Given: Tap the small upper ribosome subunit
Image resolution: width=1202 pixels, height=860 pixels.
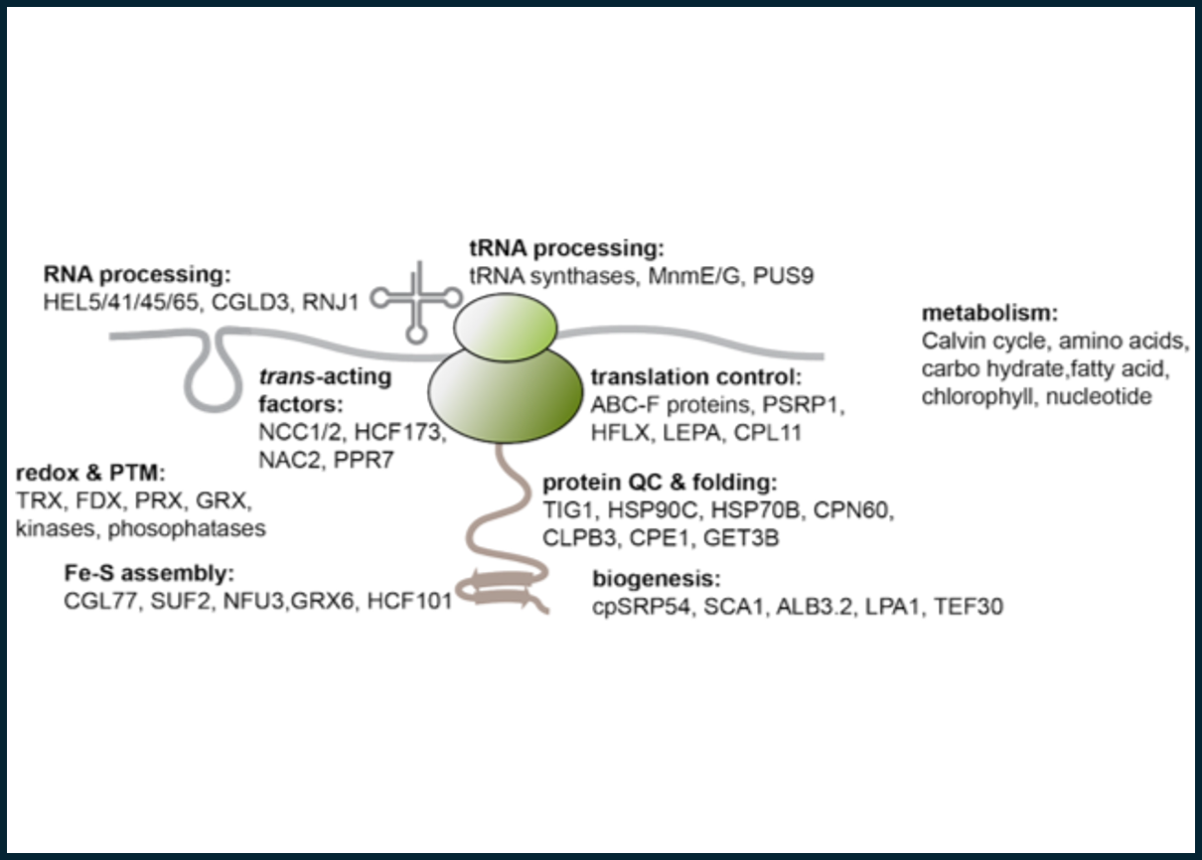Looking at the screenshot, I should (505, 324).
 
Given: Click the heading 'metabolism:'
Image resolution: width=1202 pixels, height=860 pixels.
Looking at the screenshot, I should (988, 314).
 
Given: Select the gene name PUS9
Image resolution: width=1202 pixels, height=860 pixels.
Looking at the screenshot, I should (784, 275).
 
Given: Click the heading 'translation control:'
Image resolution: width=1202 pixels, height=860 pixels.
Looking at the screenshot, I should (695, 377).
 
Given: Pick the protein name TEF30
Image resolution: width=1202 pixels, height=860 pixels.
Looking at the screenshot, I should (968, 605).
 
